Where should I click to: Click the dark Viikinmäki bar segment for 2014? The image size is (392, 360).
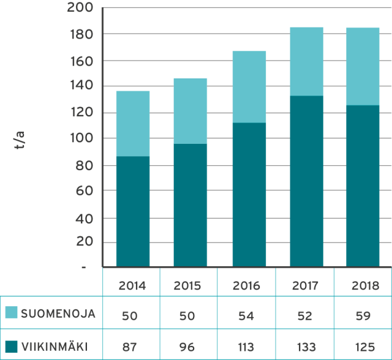pos(133,211)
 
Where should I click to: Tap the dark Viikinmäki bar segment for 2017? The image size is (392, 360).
pos(306,181)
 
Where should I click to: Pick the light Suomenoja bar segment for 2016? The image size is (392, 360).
pos(249,86)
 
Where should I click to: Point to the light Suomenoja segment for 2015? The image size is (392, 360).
pos(190,111)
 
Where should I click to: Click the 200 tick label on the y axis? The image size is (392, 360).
pos(80,9)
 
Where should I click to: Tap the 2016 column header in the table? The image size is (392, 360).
pos(247,285)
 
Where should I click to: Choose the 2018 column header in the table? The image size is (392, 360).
pos(363,285)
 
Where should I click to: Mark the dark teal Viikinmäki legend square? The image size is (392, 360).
pos(11,347)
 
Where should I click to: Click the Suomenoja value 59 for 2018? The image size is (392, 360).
pos(363,316)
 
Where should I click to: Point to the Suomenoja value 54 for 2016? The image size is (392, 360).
pos(247,316)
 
